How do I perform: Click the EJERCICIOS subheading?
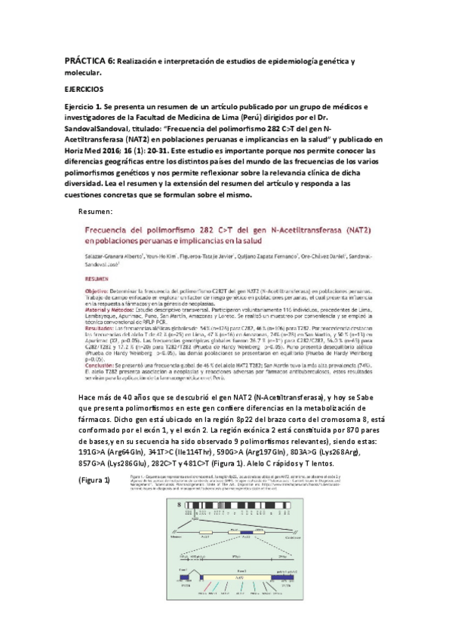pyautogui.click(x=85, y=87)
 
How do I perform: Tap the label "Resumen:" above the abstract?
pyautogui.click(x=96, y=211)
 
